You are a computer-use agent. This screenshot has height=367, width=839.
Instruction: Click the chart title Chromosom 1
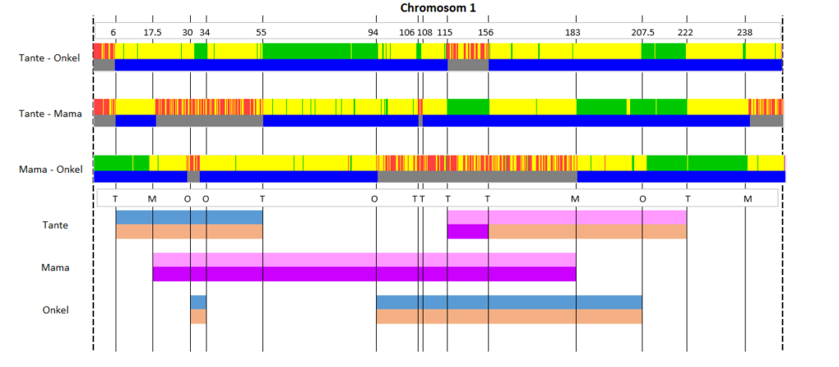pos(438,7)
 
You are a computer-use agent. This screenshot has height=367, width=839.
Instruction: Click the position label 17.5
pos(152,32)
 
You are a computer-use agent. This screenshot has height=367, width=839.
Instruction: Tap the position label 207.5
pos(642,32)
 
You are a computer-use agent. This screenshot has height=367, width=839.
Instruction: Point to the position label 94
pos(374,32)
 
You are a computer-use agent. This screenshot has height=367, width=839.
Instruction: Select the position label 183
pos(573,32)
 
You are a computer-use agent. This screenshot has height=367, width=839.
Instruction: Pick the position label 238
pos(745,32)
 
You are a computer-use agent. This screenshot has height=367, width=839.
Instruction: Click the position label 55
pos(261,32)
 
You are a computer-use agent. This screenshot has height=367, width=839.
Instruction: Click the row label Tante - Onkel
pos(49,58)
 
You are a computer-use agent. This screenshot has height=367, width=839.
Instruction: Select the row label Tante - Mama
pos(50,113)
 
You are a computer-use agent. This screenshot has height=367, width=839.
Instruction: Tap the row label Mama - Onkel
pos(51,170)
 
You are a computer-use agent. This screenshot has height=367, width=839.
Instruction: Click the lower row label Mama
pos(55,268)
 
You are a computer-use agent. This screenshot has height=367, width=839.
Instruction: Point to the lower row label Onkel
pos(56,310)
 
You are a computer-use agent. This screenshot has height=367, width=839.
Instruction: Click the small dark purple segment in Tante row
pos(468,232)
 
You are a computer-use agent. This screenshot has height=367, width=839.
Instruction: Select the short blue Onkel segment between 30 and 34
pos(198,302)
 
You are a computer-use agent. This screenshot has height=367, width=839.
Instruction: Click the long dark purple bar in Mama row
pos(365,274)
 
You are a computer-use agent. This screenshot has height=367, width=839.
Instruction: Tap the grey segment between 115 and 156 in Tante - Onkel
pos(468,65)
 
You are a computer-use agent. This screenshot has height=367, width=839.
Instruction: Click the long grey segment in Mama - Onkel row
pos(478,177)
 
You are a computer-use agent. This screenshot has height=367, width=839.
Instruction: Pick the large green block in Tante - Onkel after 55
pos(320,51)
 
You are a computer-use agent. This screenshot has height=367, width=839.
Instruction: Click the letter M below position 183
pos(575,198)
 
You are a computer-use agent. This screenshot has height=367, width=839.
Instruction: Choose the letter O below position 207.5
pos(642,198)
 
